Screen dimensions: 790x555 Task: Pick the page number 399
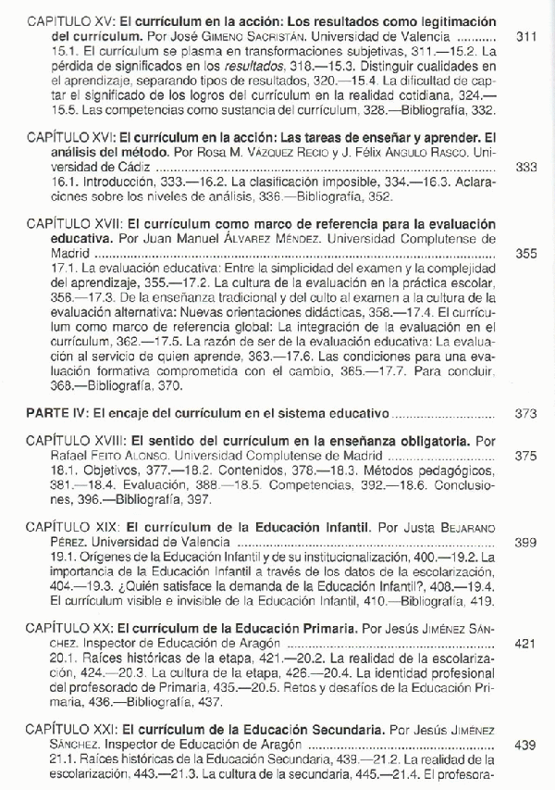click(524, 542)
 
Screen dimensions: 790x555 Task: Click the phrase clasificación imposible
click(297, 183)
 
